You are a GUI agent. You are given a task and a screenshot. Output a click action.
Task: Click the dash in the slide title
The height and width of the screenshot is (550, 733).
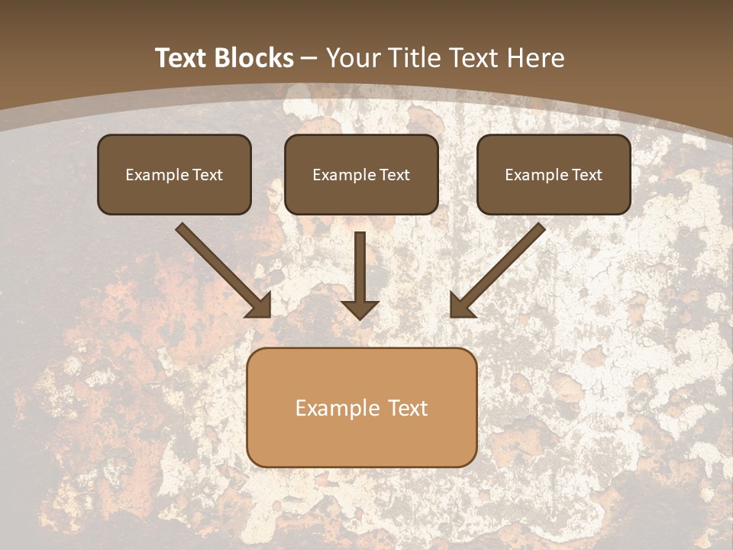(x=309, y=59)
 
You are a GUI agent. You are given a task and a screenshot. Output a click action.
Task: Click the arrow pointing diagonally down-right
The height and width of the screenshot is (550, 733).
(x=221, y=269)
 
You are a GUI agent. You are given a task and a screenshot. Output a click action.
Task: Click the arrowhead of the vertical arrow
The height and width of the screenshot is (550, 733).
(x=360, y=308)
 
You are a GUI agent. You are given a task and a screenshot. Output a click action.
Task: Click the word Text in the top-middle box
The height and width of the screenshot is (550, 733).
(x=394, y=175)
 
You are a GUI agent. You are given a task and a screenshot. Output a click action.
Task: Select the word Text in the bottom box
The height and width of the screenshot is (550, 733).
(x=408, y=408)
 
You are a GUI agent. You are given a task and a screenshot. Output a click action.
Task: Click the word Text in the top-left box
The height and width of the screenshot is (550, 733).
(x=207, y=175)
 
